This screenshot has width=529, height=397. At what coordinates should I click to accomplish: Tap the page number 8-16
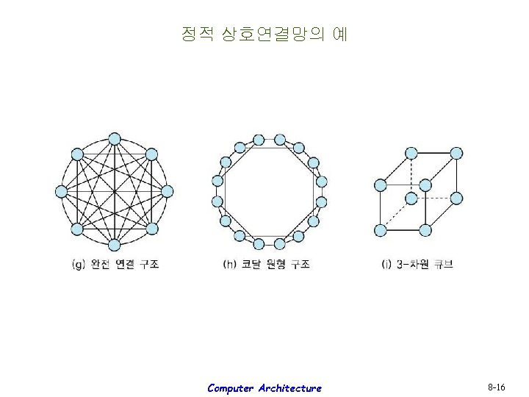pyautogui.click(x=496, y=387)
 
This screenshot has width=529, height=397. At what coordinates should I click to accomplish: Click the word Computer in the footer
pyautogui.click(x=230, y=388)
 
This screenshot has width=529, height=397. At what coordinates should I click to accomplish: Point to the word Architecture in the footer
pyautogui.click(x=289, y=388)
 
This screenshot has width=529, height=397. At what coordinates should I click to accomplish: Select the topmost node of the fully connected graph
pyautogui.click(x=114, y=138)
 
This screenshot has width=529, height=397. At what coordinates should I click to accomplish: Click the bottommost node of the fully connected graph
pyautogui.click(x=114, y=245)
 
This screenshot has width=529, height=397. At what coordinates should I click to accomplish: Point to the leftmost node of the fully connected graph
pyautogui.click(x=61, y=191)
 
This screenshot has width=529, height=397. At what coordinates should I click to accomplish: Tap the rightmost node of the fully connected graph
pyautogui.click(x=167, y=191)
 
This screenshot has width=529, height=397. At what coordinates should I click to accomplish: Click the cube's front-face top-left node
pyautogui.click(x=380, y=185)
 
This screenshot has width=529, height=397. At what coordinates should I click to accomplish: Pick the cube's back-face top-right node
pyautogui.click(x=456, y=153)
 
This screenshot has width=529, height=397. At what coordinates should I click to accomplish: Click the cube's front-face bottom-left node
pyautogui.click(x=380, y=230)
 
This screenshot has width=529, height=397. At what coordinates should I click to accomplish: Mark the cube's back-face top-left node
pyautogui.click(x=411, y=153)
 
